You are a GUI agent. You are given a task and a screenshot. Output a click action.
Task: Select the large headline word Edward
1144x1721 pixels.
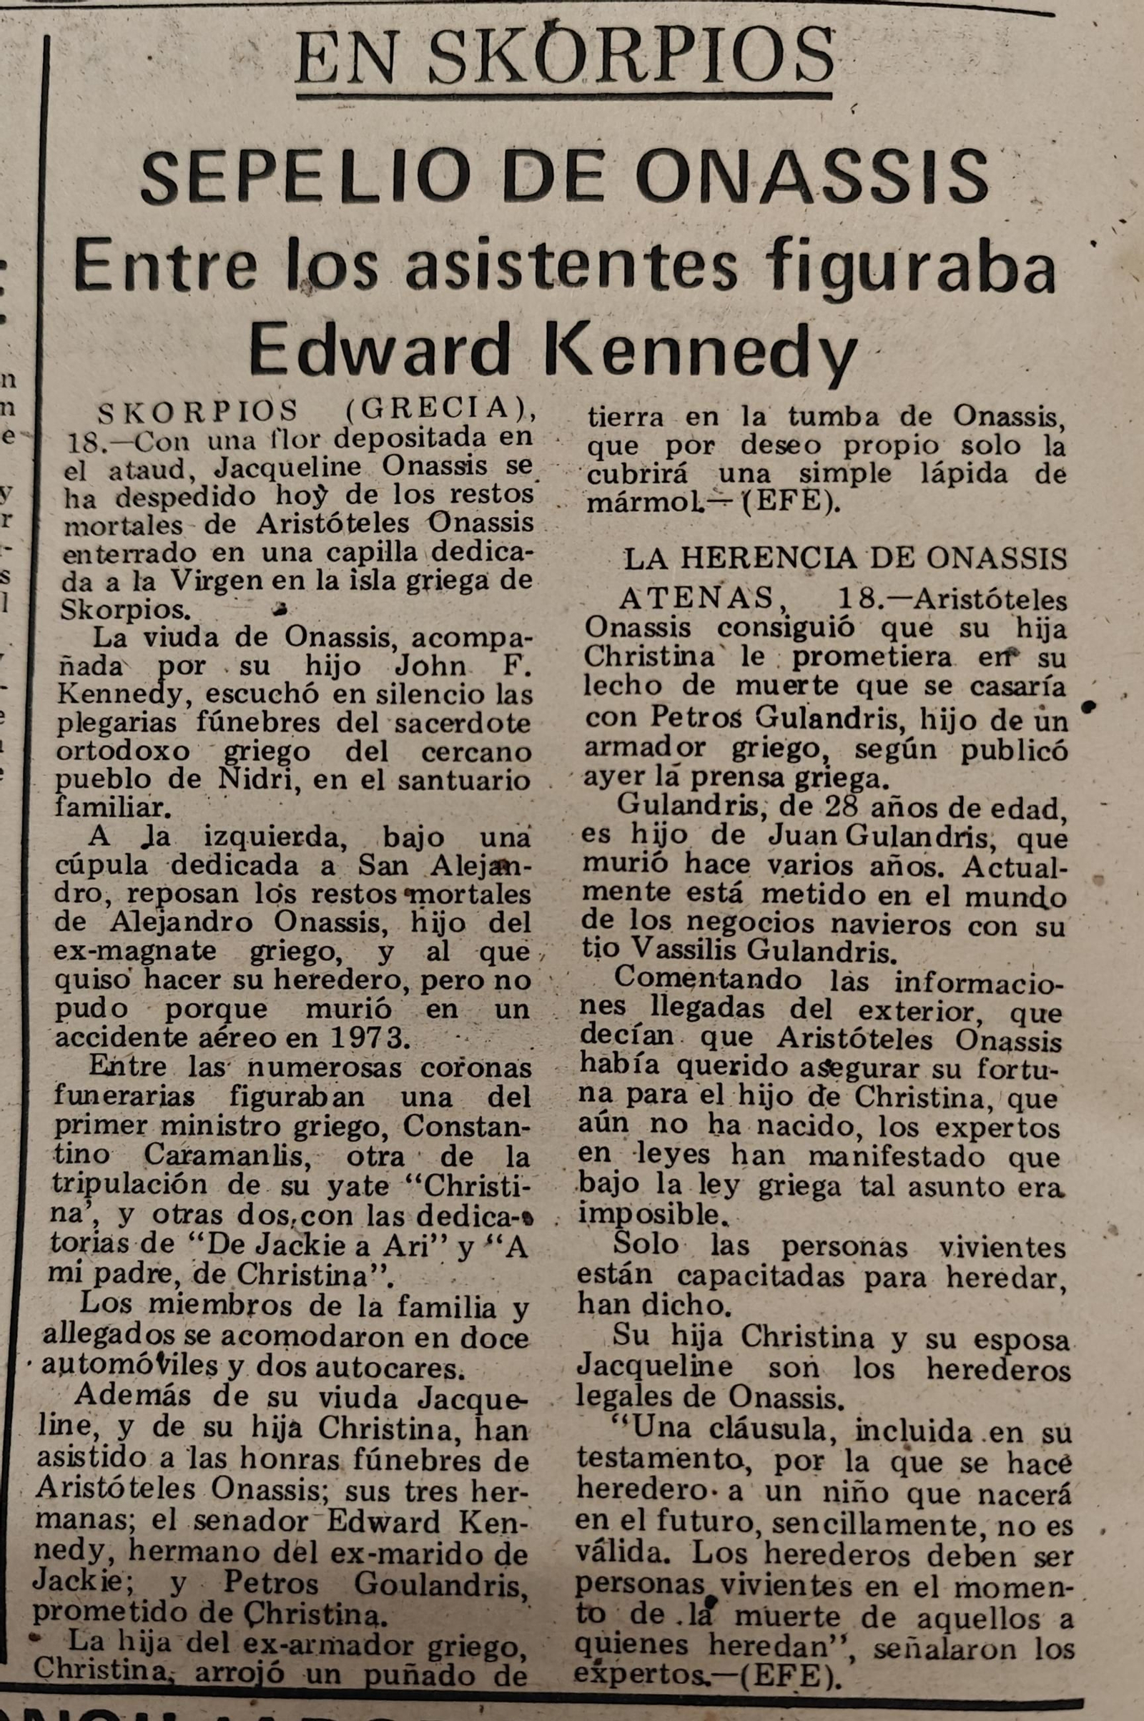click(379, 351)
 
